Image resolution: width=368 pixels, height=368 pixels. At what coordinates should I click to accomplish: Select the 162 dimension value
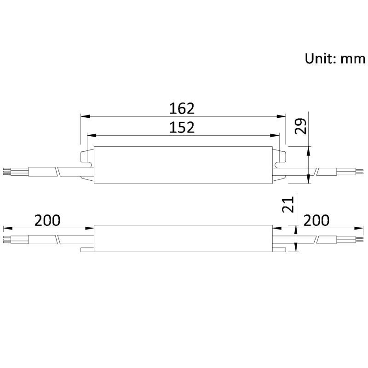pyautogui.click(x=182, y=108)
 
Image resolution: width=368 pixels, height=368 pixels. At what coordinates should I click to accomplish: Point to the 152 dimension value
pyautogui.click(x=182, y=127)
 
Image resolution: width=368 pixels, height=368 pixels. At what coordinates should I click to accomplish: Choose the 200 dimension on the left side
pyautogui.click(x=47, y=220)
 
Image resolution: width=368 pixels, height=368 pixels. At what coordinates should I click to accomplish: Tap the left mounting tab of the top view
pyautogui.click(x=87, y=156)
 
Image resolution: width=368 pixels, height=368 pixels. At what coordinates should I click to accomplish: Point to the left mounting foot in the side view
pyautogui.click(x=87, y=250)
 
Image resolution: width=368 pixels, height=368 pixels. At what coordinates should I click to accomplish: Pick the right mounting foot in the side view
pyautogui.click(x=279, y=250)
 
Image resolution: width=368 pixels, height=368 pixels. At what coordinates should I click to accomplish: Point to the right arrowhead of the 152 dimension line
pyautogui.click(x=275, y=135)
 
